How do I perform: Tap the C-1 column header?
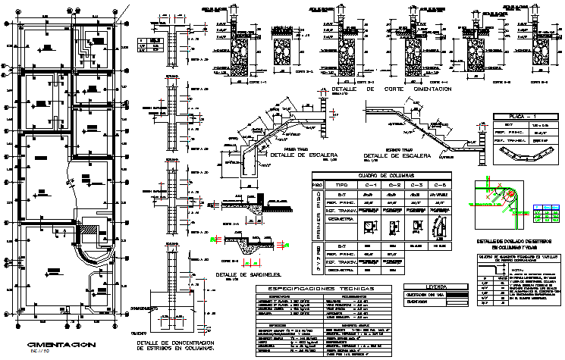click(369, 185)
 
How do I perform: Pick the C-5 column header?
click(438, 185)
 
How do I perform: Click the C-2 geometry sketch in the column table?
click(394, 227)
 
